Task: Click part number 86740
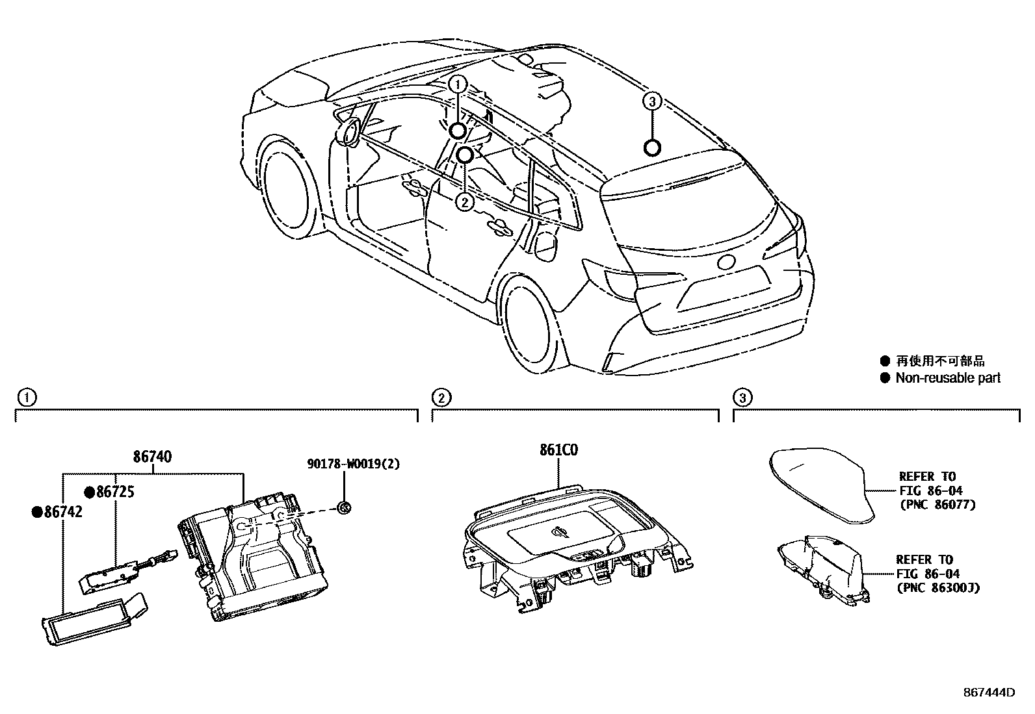(152, 457)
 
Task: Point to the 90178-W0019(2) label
(353, 464)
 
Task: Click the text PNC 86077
(937, 504)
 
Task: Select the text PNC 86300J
(937, 587)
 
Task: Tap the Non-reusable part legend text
(948, 377)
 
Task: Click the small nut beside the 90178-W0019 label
(345, 507)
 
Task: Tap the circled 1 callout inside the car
(458, 84)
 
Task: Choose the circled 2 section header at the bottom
(441, 396)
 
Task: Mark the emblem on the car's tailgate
(726, 262)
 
